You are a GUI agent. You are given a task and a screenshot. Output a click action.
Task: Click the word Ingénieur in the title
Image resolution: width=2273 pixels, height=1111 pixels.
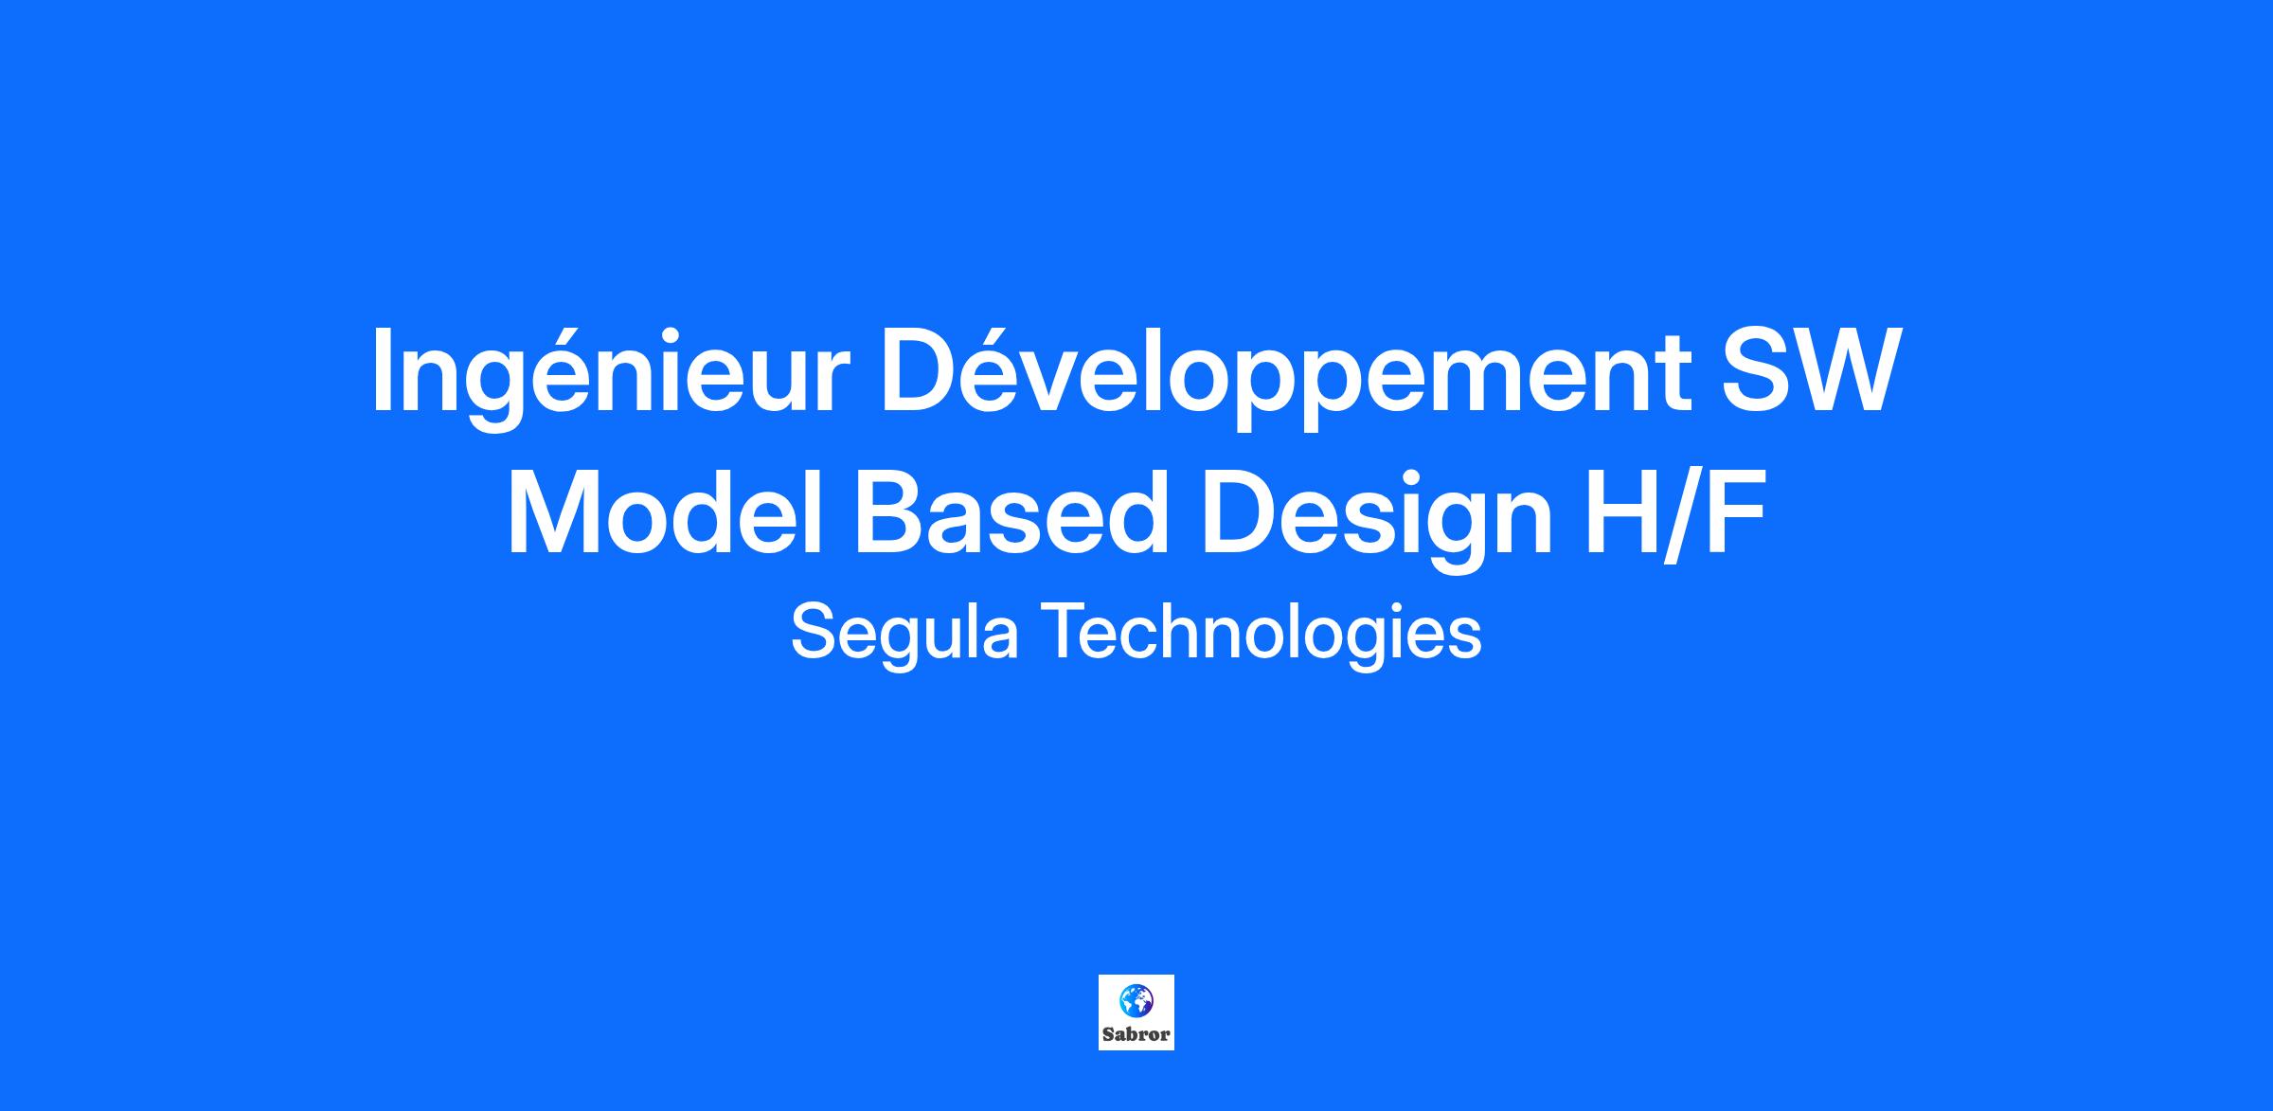coord(605,375)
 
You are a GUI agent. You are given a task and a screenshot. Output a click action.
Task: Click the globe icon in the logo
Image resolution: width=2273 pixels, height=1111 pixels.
coord(1136,1001)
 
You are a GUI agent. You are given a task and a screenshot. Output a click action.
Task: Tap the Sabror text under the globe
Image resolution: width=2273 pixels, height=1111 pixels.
coord(1136,1034)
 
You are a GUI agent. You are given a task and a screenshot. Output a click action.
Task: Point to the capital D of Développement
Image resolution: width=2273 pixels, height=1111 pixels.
coord(922,370)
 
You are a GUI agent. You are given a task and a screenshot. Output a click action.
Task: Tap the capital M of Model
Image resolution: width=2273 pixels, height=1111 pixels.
coord(551,511)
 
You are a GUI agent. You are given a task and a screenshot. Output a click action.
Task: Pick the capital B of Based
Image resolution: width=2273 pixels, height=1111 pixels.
coord(890,511)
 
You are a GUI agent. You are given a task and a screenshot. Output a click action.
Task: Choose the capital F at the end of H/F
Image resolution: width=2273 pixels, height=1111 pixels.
coord(1735,511)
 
